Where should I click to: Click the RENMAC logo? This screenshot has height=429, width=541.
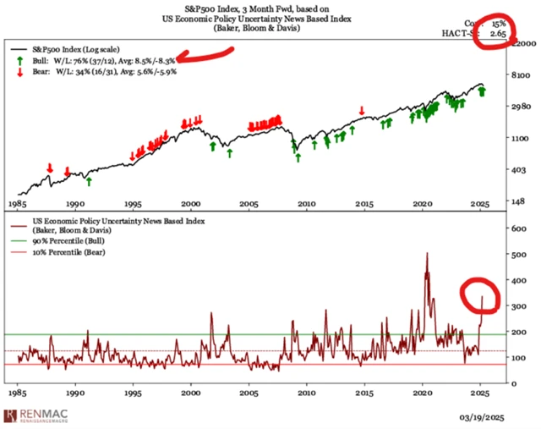point(36,415)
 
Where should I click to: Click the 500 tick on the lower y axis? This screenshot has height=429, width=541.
point(511,253)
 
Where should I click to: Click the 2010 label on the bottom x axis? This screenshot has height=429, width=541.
point(306,394)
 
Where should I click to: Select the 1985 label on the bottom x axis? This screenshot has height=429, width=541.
point(18,394)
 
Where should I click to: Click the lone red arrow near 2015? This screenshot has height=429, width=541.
point(362,111)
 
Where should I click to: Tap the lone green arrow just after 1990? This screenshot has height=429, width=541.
point(89,180)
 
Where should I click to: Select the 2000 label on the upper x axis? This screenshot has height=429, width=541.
point(191,205)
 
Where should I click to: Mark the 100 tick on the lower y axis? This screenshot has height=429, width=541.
point(511,357)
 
